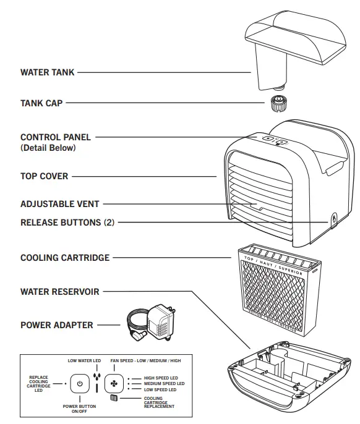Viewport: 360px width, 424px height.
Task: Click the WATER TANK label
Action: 47,72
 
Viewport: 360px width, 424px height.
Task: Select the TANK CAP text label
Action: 41,103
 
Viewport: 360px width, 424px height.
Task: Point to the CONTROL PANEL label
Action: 55,137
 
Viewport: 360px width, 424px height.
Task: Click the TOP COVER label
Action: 44,176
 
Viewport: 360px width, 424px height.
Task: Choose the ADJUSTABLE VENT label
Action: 59,203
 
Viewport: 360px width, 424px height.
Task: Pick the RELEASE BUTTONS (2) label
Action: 67,222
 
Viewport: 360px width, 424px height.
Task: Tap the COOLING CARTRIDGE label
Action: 65,257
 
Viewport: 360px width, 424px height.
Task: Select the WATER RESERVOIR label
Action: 59,291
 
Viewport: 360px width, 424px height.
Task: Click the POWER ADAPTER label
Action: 57,324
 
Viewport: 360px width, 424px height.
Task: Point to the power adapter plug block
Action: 160,321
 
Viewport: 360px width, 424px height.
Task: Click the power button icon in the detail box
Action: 80,383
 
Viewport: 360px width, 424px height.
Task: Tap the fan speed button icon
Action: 113,383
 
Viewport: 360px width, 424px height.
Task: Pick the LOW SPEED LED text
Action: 159,390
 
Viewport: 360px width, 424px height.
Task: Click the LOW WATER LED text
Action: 84,360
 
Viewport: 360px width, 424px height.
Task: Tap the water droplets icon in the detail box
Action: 96,378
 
